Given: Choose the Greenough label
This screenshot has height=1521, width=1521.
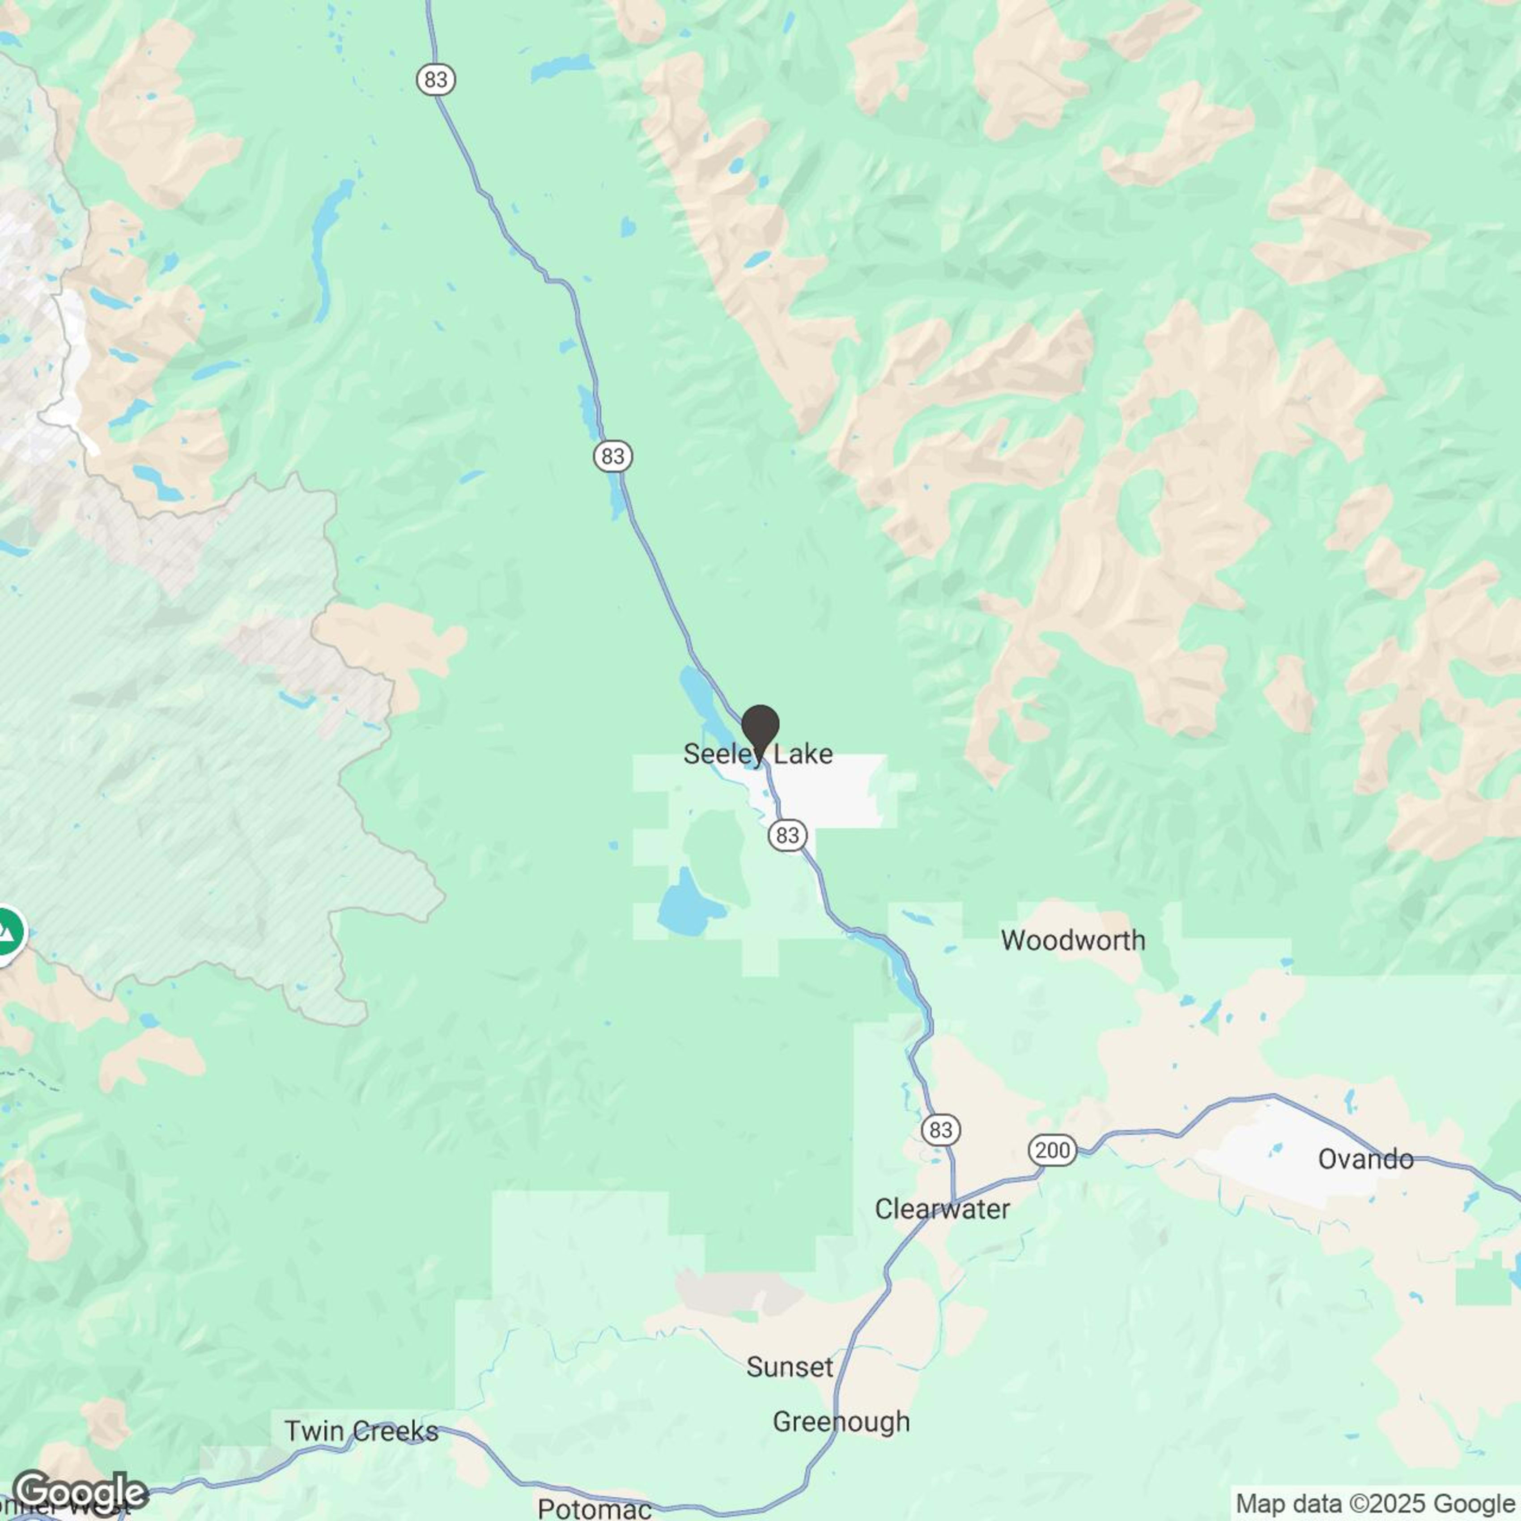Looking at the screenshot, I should pos(841,1421).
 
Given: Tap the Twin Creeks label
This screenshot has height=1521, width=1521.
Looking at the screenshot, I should pos(361,1431).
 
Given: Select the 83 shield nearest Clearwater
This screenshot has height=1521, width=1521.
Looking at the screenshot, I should pos(941,1130).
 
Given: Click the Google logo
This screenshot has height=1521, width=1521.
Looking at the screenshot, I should pos(81,1492).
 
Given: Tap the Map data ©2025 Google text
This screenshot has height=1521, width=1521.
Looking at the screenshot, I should pos(1376,1503).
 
